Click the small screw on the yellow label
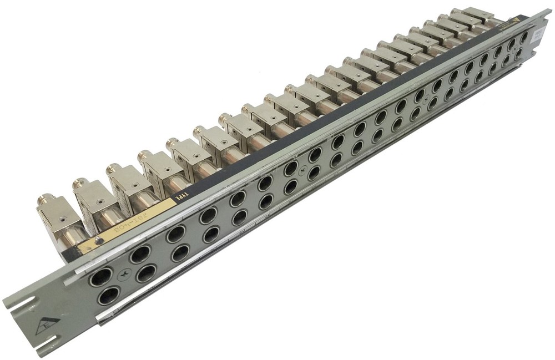(98, 240)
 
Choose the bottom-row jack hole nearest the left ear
(109, 296)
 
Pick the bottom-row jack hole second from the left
(146, 273)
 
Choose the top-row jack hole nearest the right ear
(523, 38)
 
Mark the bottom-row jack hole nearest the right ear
(519, 54)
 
